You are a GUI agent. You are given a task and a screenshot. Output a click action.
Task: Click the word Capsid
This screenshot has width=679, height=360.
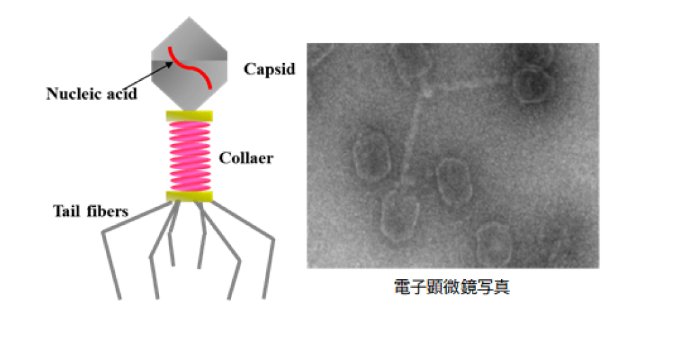270,69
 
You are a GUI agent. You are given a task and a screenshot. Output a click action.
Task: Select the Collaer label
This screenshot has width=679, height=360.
246,158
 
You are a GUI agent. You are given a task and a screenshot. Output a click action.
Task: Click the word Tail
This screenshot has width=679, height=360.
67,211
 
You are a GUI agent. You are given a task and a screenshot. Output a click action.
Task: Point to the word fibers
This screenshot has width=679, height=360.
107,211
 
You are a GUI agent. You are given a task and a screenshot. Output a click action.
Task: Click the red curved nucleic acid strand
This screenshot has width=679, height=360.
189,67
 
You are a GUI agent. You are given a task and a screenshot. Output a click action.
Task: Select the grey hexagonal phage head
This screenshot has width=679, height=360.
189,64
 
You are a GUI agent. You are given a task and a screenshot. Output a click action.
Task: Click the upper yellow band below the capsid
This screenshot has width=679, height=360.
189,116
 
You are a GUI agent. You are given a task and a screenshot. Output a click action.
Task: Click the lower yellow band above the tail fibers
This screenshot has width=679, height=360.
189,196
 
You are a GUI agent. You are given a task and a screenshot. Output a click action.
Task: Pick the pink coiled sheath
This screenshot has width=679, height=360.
190,156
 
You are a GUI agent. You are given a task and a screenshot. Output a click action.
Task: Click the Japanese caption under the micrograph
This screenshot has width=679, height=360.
452,287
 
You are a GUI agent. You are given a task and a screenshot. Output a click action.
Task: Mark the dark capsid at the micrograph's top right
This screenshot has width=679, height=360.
534,84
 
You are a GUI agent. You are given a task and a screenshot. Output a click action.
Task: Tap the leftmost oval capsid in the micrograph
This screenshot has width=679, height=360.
371,156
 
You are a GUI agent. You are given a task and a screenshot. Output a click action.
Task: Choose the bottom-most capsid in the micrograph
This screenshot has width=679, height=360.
494,245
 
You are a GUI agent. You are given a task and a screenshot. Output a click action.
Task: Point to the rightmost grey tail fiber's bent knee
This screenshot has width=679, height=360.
273,240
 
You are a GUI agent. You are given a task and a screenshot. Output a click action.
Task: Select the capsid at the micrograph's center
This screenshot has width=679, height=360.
454,181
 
